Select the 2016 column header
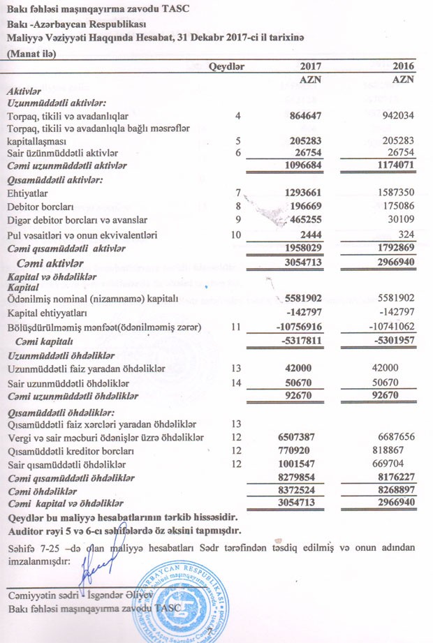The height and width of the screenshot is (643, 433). coord(401,66)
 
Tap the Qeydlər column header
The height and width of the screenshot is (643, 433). coord(229,66)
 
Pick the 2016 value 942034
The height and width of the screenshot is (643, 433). coord(397,115)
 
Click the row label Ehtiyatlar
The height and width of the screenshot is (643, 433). coord(26,192)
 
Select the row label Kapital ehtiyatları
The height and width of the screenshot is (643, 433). coord(45,313)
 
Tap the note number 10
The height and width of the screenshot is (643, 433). coord(236,235)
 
